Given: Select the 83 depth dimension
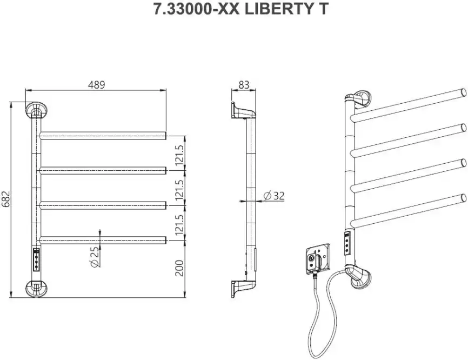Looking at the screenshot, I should pyautogui.click(x=244, y=84).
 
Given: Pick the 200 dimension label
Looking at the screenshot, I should pyautogui.click(x=180, y=268).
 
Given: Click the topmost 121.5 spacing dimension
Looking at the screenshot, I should pyautogui.click(x=180, y=154).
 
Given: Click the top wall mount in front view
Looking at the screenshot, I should pyautogui.click(x=37, y=110).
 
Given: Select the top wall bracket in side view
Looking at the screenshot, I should pyautogui.click(x=241, y=110).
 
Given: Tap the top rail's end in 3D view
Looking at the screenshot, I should pyautogui.click(x=463, y=90).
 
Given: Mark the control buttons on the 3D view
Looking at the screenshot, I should pyautogui.click(x=347, y=243).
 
